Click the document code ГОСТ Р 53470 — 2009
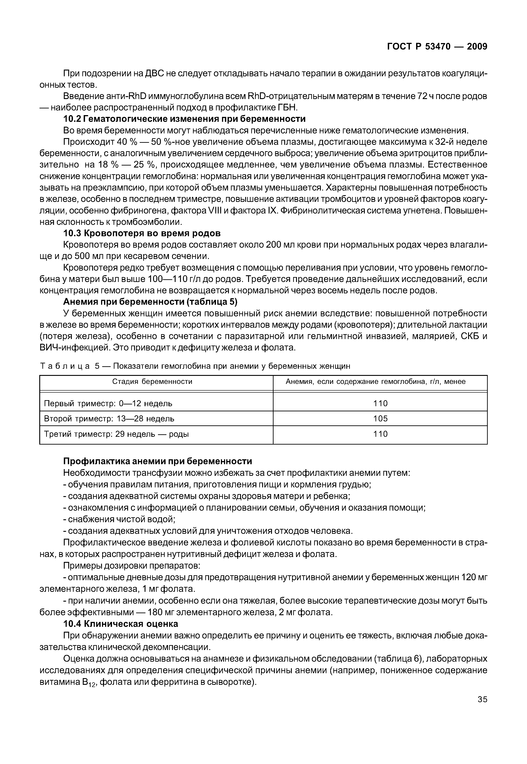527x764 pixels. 437,47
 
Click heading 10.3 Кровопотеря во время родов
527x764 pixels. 142,233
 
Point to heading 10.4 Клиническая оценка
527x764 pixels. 120,624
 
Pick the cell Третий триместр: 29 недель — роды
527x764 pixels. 116,434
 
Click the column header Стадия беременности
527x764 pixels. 152,382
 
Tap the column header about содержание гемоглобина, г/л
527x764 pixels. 376,382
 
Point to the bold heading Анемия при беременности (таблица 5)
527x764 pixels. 150,302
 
